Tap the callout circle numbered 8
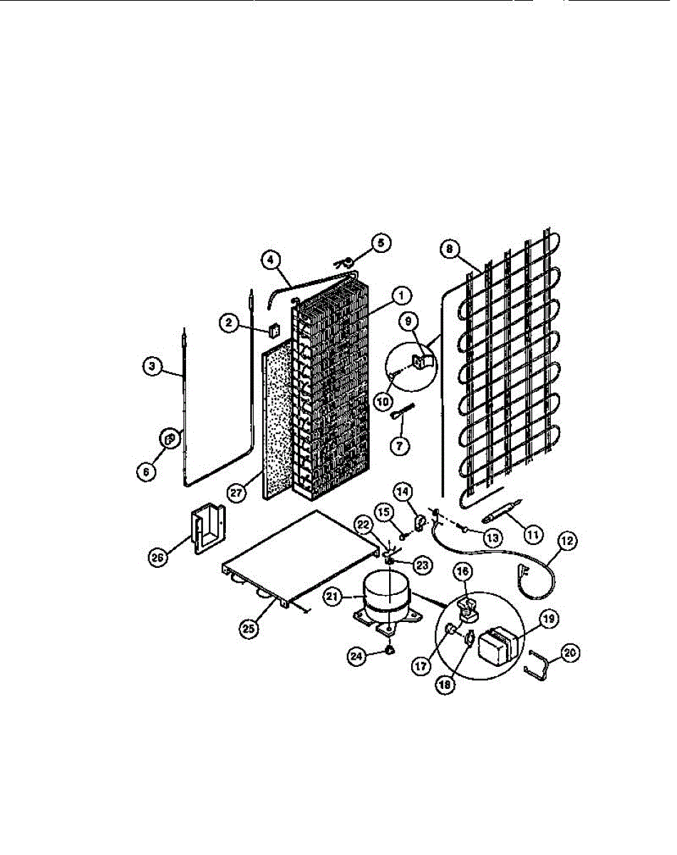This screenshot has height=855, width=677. coord(448,249)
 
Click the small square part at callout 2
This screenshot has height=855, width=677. coord(272,331)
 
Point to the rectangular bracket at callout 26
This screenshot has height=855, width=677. coord(206,531)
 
